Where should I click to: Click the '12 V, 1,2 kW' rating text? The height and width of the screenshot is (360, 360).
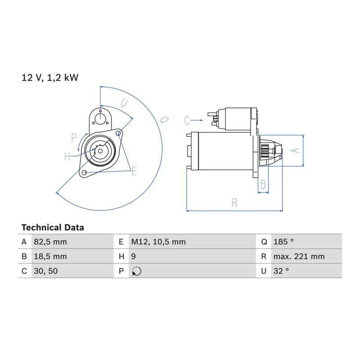pyautogui.click(x=50, y=77)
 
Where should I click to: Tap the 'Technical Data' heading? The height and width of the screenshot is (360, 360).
pyautogui.click(x=53, y=228)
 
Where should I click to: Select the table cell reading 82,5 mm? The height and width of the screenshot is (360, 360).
pyautogui.click(x=50, y=242)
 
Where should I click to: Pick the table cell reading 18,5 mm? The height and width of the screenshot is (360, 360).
pyautogui.click(x=50, y=256)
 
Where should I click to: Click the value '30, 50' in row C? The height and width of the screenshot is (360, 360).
pyautogui.click(x=46, y=271)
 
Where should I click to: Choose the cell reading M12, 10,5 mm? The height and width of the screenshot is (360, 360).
pyautogui.click(x=158, y=242)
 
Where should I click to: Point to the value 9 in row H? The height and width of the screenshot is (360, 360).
pyautogui.click(x=133, y=256)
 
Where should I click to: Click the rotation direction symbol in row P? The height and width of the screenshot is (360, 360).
pyautogui.click(x=137, y=271)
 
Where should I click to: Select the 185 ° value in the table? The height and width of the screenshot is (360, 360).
pyautogui.click(x=283, y=242)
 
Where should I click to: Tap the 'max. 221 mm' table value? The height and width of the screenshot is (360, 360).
pyautogui.click(x=299, y=256)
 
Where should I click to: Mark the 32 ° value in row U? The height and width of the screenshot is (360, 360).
pyautogui.click(x=281, y=271)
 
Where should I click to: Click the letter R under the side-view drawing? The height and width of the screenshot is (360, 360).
pyautogui.click(x=234, y=202)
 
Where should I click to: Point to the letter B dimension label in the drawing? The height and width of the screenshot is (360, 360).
pyautogui.click(x=263, y=184)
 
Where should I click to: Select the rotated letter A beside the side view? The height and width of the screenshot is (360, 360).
pyautogui.click(x=295, y=150)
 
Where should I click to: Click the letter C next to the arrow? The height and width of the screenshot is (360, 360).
pyautogui.click(x=187, y=120)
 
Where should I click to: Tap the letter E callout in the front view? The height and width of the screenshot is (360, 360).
pyautogui.click(x=134, y=171)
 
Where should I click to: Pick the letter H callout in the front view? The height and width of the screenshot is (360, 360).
pyautogui.click(x=67, y=156)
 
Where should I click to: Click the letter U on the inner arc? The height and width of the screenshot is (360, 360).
pyautogui.click(x=124, y=103)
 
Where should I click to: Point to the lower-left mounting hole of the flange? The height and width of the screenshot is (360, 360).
pyautogui.click(x=84, y=172)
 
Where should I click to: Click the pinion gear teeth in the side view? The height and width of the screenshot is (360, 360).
pyautogui.click(x=265, y=151)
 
